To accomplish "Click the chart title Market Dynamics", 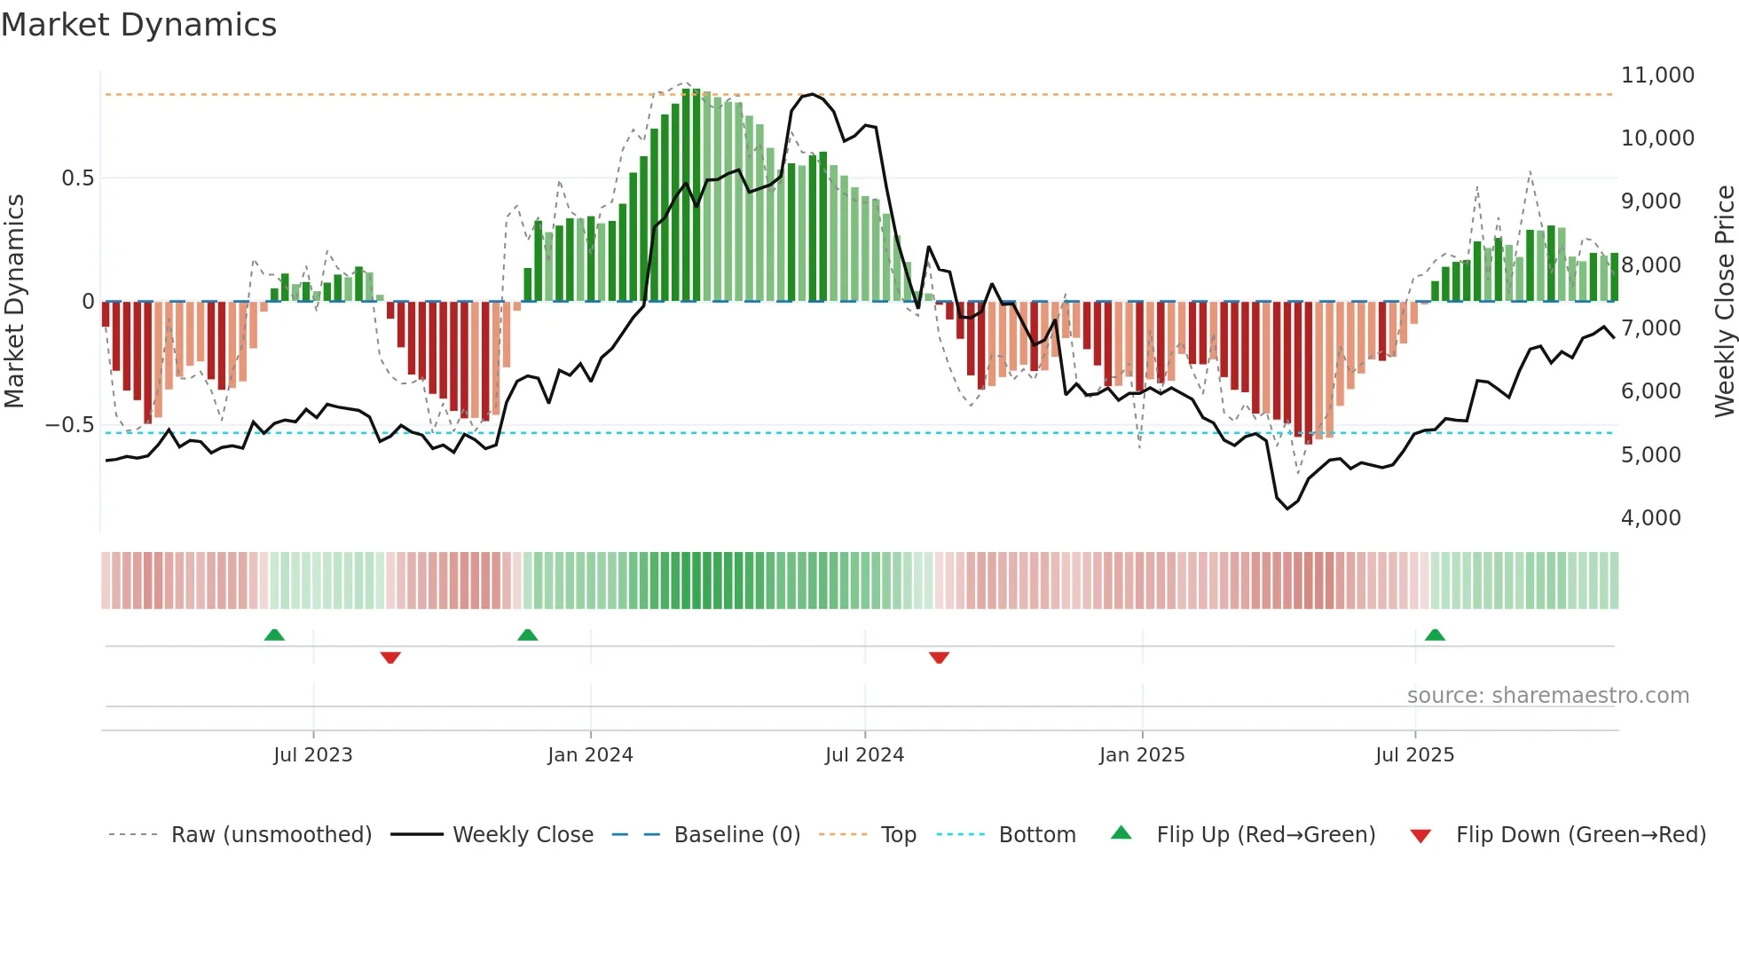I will (x=138, y=25).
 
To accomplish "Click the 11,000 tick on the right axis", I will (x=1657, y=75).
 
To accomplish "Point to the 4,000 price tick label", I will (x=1650, y=518).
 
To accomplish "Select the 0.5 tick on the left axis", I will (x=77, y=178).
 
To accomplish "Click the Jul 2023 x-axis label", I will (x=312, y=755).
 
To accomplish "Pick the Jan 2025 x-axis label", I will (x=1141, y=755).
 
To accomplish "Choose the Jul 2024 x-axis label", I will (x=864, y=755).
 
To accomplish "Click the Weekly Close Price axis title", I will (x=1724, y=301).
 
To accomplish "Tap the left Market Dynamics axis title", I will (x=14, y=301).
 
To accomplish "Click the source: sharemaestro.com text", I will (x=1547, y=696).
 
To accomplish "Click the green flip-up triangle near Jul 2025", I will (x=1435, y=635).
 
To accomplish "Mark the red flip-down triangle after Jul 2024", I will (x=939, y=658).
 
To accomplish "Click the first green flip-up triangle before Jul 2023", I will (x=274, y=635).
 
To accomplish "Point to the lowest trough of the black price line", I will (x=1287, y=509).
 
